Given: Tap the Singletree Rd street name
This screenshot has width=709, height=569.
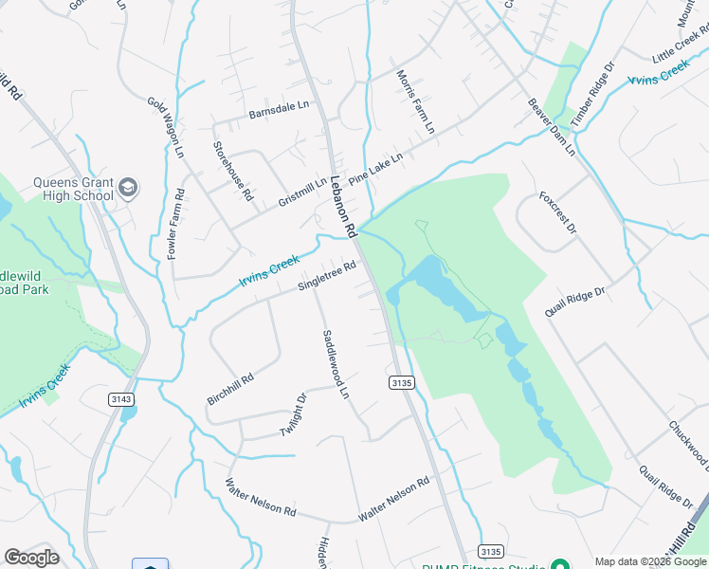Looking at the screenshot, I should click(x=327, y=275).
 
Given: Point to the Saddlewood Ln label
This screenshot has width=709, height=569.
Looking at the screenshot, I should click(x=336, y=364).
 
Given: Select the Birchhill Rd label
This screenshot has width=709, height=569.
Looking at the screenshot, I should click(x=230, y=390).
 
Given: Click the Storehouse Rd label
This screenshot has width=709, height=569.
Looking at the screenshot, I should click(x=232, y=171).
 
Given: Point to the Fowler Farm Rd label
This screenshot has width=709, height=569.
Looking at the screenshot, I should click(x=175, y=224).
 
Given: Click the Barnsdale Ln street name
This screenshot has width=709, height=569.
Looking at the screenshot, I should click(x=280, y=112).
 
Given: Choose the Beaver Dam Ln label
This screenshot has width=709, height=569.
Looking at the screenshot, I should click(x=552, y=126).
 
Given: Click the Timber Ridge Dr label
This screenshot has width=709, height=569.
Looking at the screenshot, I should click(x=593, y=95).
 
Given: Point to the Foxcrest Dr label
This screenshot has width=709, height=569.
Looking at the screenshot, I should click(x=557, y=213).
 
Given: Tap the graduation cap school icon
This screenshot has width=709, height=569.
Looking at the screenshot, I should click(x=128, y=189).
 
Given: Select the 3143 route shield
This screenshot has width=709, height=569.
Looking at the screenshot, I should click(x=119, y=399).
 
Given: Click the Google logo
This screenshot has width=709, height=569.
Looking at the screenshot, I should click(x=31, y=558).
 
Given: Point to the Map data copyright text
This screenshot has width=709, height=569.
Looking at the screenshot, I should click(x=650, y=561).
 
